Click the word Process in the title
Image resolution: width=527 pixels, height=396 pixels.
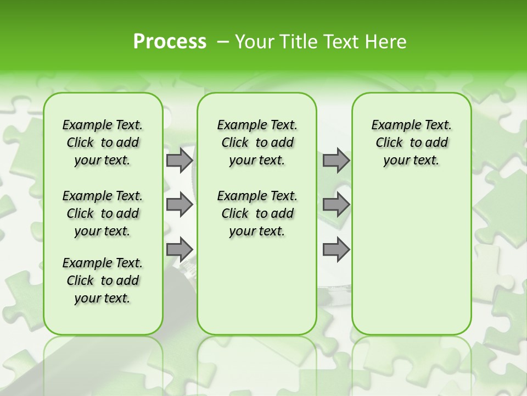tap(170, 41)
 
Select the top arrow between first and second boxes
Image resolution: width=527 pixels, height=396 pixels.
tap(179, 161)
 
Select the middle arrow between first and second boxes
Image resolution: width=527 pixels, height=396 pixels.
tap(179, 205)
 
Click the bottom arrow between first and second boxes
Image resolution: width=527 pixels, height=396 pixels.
tap(179, 249)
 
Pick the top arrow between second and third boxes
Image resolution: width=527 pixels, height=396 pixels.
tap(336, 161)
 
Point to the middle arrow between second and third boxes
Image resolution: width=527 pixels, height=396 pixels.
tap(336, 205)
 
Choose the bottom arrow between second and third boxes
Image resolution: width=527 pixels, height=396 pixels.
tap(336, 249)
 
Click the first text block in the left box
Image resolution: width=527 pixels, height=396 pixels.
tap(103, 142)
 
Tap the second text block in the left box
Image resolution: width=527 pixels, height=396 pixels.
tap(103, 213)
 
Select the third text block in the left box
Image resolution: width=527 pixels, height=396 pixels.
tap(103, 280)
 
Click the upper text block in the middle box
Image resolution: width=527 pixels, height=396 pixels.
tap(257, 142)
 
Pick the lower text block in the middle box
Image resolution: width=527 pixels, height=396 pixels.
tap(257, 213)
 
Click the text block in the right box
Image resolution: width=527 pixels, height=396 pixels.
tap(412, 142)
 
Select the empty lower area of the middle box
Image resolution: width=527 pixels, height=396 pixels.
tap(257, 286)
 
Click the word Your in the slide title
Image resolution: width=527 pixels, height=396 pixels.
tap(255, 42)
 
